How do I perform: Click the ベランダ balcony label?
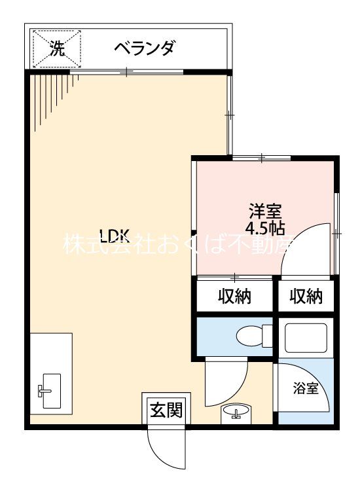144,48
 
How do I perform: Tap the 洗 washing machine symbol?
57,48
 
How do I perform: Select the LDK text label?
115,236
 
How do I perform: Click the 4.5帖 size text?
265,228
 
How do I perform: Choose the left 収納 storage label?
235,296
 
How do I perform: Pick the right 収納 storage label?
306,296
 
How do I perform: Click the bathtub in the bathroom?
306,336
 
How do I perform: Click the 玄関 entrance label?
166,410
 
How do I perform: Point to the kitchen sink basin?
52,391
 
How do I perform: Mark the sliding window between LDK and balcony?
126,72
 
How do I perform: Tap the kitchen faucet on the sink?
44,391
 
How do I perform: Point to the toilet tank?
267,336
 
